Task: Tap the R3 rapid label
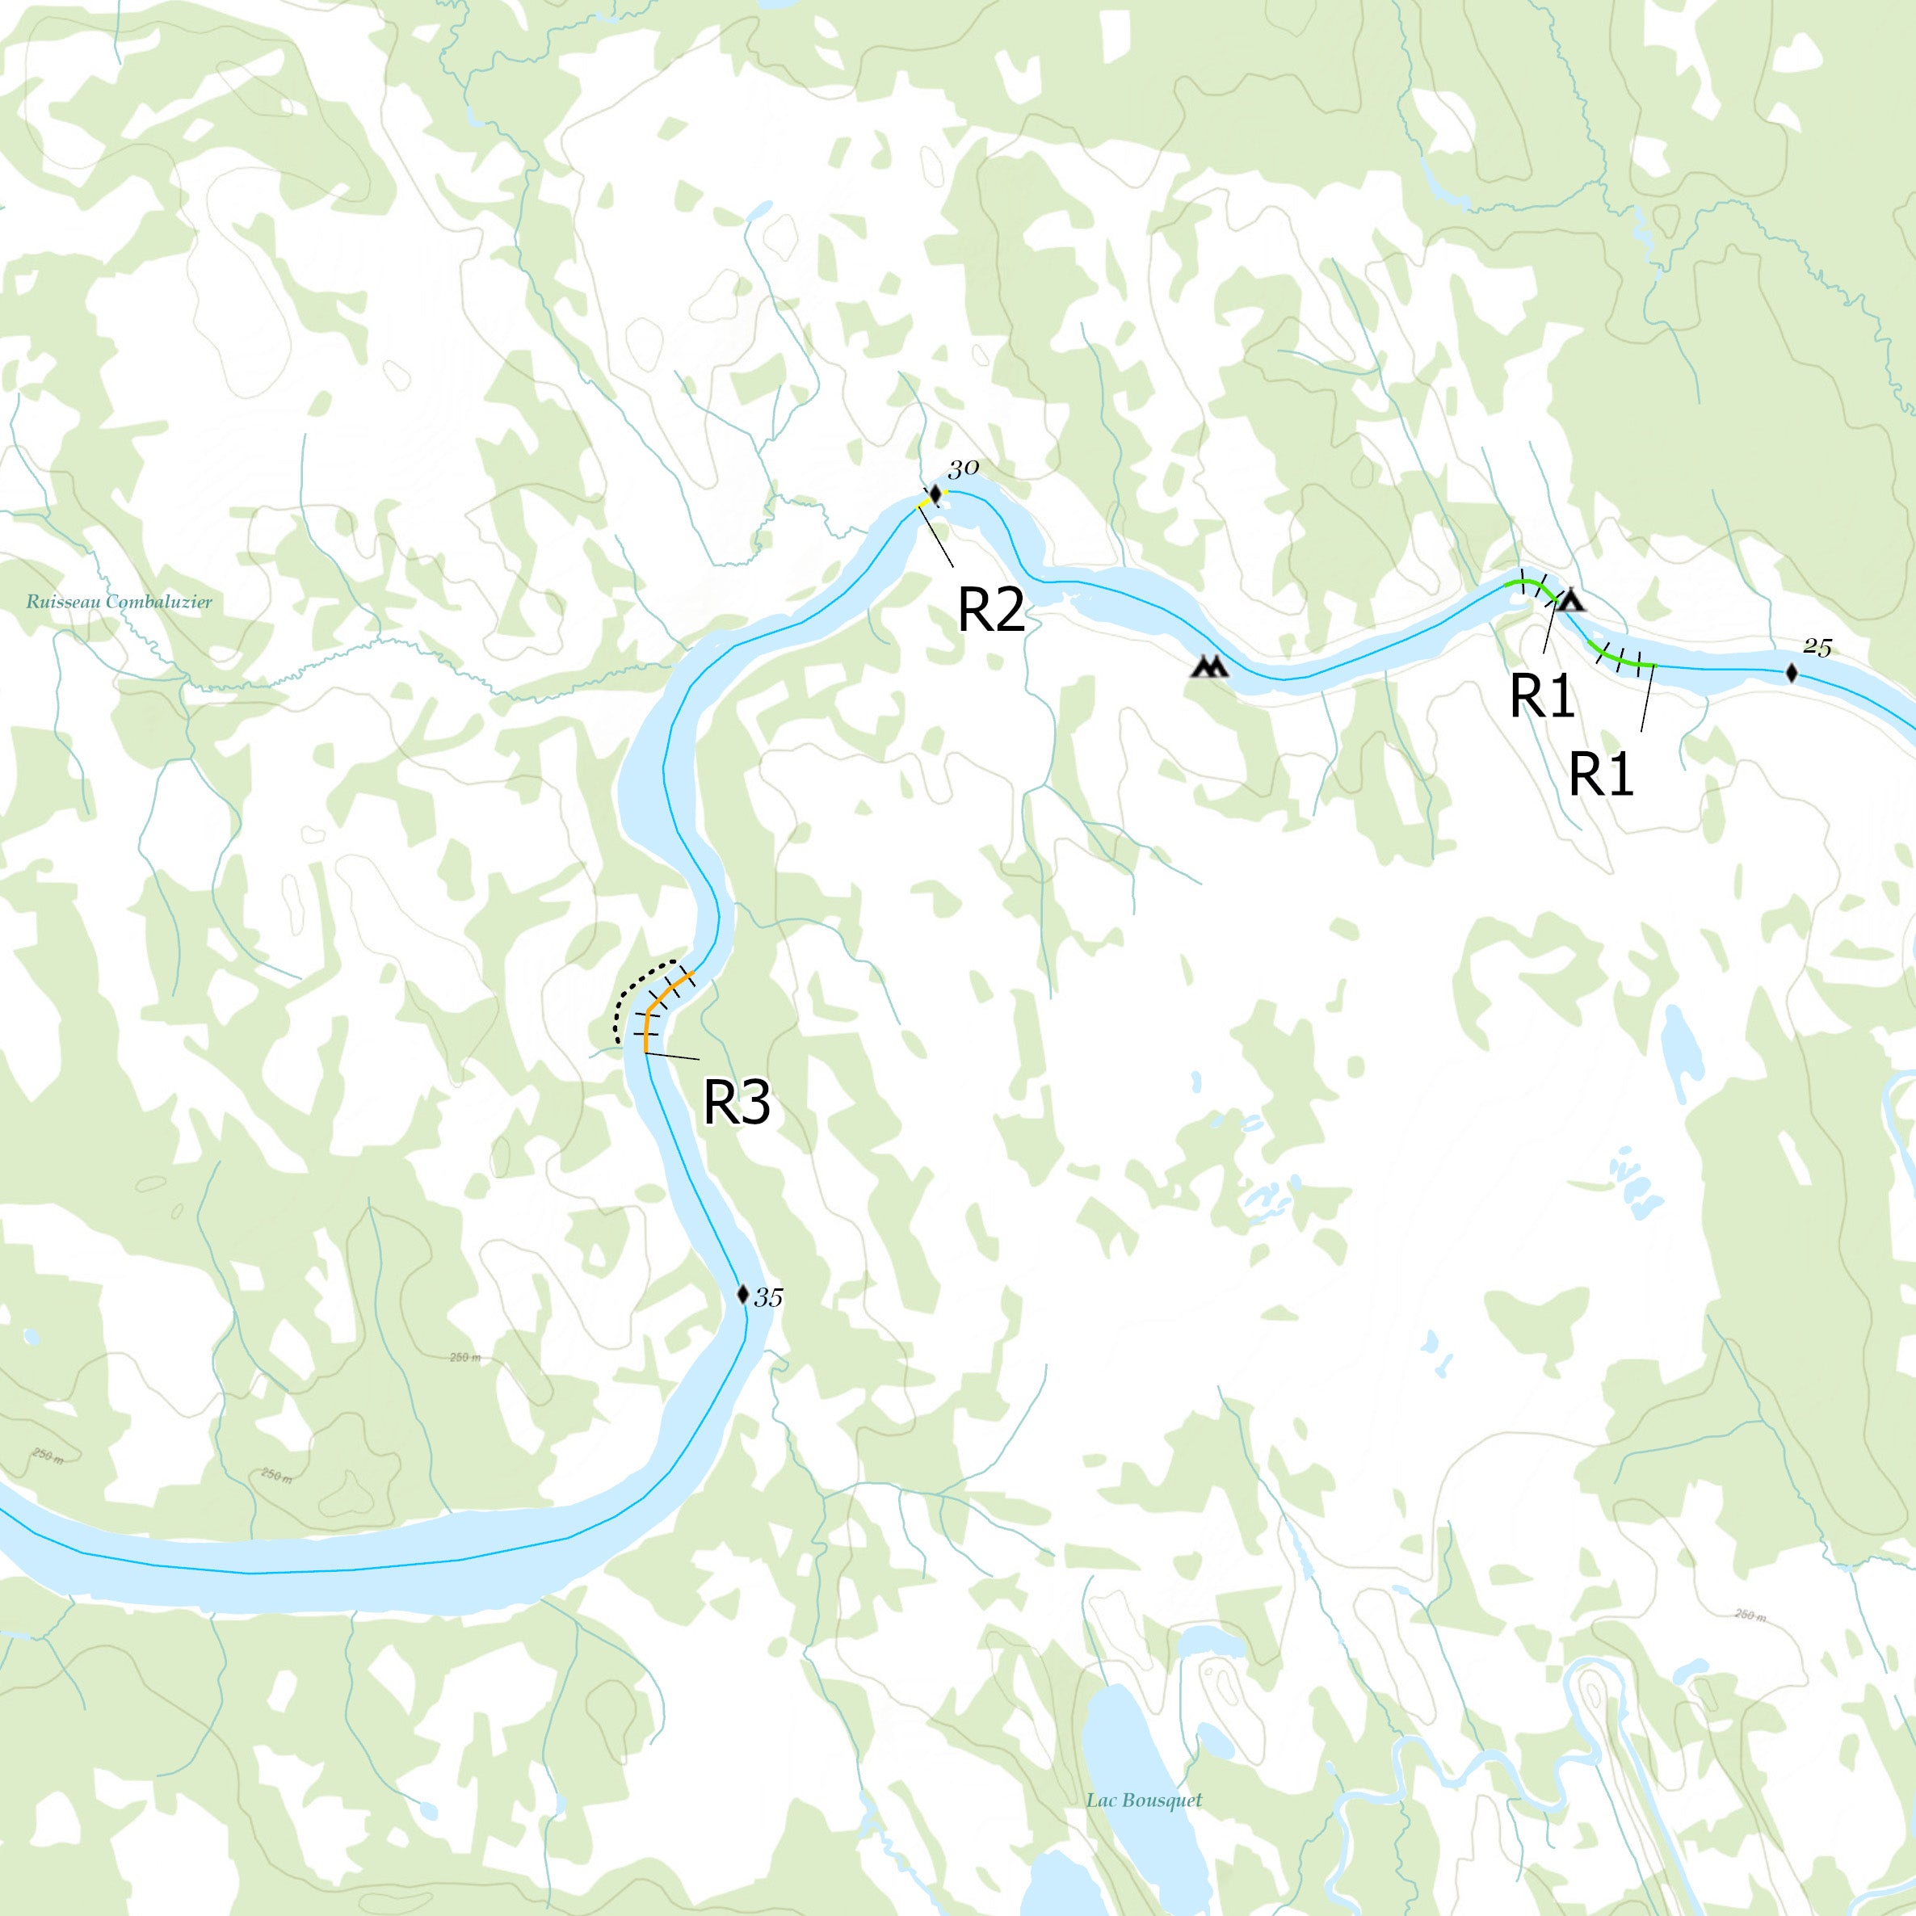(737, 1101)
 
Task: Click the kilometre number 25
(1817, 649)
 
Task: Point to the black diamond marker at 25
(1791, 674)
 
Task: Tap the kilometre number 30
(963, 469)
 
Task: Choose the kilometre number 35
(769, 1297)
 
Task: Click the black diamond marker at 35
(743, 1294)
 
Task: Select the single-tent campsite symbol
(1571, 601)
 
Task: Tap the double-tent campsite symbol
(1209, 666)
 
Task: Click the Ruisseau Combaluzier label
(119, 602)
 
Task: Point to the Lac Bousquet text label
(1144, 1773)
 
